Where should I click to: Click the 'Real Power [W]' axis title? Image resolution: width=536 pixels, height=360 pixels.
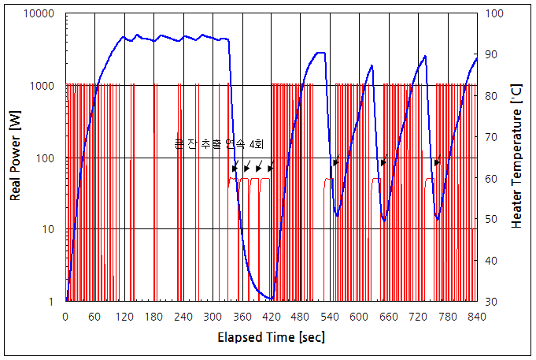pos(15,158)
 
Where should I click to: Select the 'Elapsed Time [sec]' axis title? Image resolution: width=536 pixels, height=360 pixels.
pos(271,337)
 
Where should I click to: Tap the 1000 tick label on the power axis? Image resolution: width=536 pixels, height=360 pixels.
pos(45,86)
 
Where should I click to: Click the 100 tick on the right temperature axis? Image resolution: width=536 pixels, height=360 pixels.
pos(493,14)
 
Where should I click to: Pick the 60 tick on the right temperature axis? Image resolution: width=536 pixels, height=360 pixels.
pos(491,178)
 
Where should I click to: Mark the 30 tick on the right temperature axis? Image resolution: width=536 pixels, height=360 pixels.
pos(491,301)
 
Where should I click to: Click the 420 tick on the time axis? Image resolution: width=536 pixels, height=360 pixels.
pos(272,316)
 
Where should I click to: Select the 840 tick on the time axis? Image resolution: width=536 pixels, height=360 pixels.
pos(477,316)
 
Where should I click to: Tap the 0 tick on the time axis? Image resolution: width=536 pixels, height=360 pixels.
pos(65,316)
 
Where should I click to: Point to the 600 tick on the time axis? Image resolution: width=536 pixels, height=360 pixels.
pos(360,316)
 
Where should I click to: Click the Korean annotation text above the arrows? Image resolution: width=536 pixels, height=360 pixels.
pos(220,144)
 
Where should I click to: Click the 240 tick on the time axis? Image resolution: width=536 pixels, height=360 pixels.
pos(183,316)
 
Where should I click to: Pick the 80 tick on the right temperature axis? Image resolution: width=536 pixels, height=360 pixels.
pos(491,96)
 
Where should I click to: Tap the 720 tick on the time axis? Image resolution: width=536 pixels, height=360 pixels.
pos(418,316)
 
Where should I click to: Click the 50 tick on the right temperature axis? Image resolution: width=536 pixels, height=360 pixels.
pos(491,219)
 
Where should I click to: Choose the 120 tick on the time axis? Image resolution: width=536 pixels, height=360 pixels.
pos(124,316)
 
